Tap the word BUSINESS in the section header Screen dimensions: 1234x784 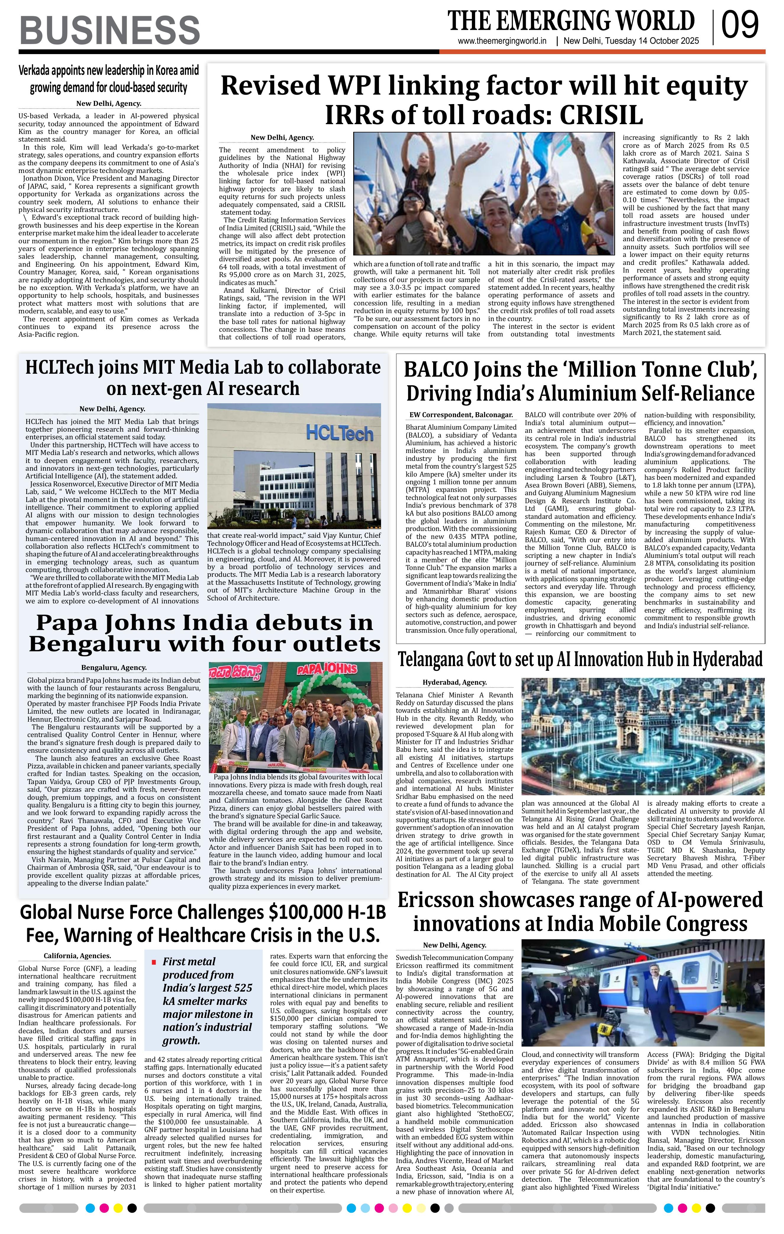tap(110, 30)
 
